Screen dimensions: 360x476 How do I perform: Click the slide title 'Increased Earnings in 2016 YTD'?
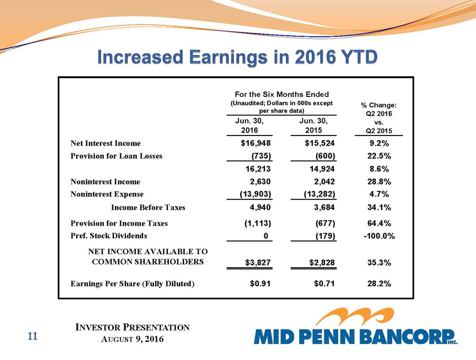pos(237,57)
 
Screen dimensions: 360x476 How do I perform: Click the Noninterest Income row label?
pos(105,182)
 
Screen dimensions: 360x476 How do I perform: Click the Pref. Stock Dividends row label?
pos(108,236)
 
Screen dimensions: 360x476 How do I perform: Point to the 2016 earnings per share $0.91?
pos(260,284)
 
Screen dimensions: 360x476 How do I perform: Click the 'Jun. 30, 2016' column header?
pos(249,125)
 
